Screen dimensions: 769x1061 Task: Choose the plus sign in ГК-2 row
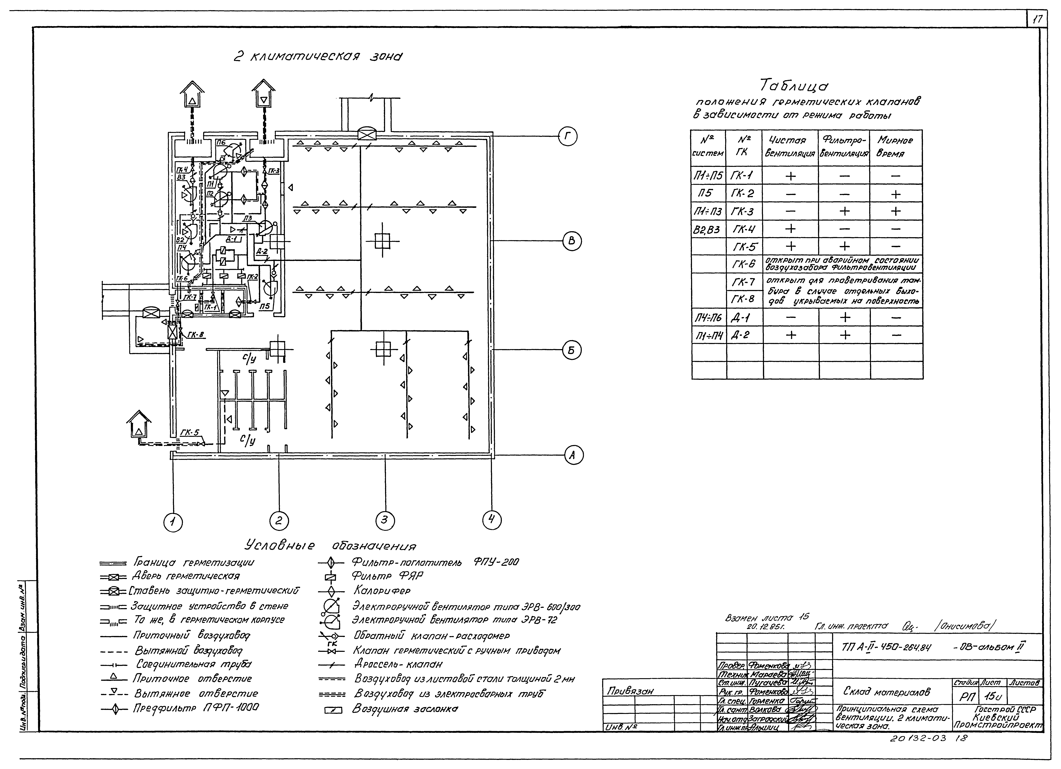[x=895, y=193]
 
